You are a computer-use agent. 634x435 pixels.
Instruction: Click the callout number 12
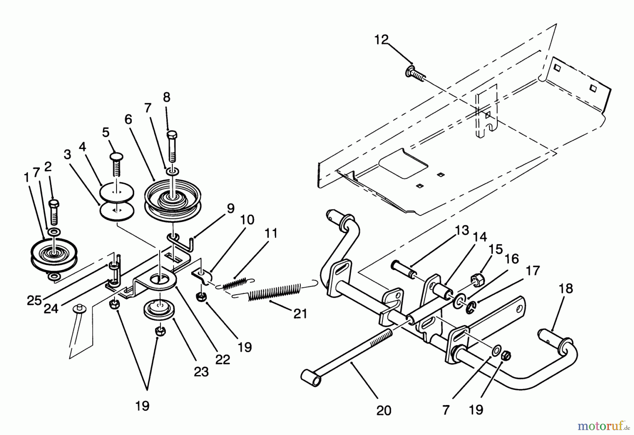381,39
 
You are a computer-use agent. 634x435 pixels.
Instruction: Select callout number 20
384,411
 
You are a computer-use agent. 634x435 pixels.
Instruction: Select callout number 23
201,372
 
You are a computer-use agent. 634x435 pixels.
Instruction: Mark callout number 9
230,208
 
